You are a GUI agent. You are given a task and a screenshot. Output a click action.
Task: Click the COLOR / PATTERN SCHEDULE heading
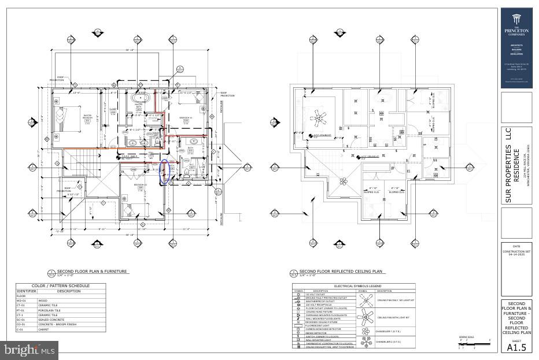click(x=61, y=286)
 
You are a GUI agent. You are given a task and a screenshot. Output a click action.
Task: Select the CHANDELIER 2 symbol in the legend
click(x=365, y=342)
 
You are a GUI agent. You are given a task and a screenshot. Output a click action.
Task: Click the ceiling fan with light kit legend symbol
click(x=365, y=316)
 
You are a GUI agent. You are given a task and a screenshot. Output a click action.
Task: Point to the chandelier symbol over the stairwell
click(x=344, y=181)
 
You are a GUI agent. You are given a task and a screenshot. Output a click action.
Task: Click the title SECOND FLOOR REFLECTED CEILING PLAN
click(x=341, y=271)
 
